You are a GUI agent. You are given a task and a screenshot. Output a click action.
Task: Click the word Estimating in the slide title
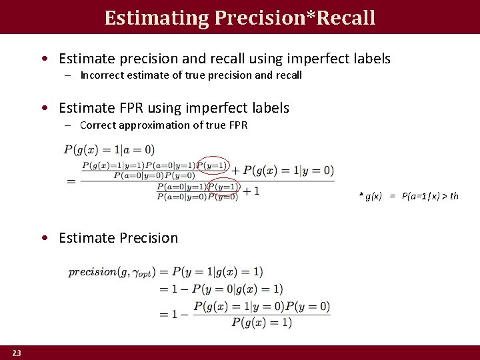click(157, 17)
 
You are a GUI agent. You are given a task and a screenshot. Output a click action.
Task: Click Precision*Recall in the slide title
click(295, 17)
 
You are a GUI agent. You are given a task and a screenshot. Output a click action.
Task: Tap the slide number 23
click(16, 352)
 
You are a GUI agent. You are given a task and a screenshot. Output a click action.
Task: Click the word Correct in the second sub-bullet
click(98, 125)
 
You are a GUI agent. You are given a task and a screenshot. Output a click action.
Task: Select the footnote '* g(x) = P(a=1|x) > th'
click(409, 195)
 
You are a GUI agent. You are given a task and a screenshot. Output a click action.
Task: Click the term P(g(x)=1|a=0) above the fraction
click(109, 149)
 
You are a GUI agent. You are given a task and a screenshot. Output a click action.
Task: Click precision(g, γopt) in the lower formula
click(111, 272)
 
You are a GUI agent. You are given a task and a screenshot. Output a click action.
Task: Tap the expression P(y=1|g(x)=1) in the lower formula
click(217, 272)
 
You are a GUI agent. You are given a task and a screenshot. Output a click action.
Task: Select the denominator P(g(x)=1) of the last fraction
click(261, 322)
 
